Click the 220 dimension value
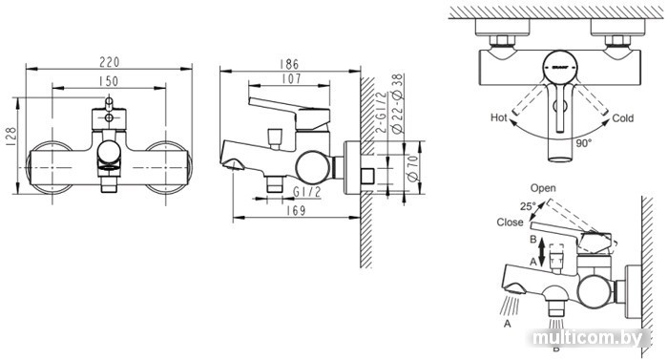(x=110, y=62)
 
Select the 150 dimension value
(x=108, y=81)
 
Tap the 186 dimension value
(x=289, y=64)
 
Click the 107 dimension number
(x=291, y=78)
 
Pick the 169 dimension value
(x=296, y=210)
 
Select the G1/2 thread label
(x=306, y=192)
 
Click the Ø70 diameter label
(x=413, y=168)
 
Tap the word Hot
(x=499, y=117)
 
